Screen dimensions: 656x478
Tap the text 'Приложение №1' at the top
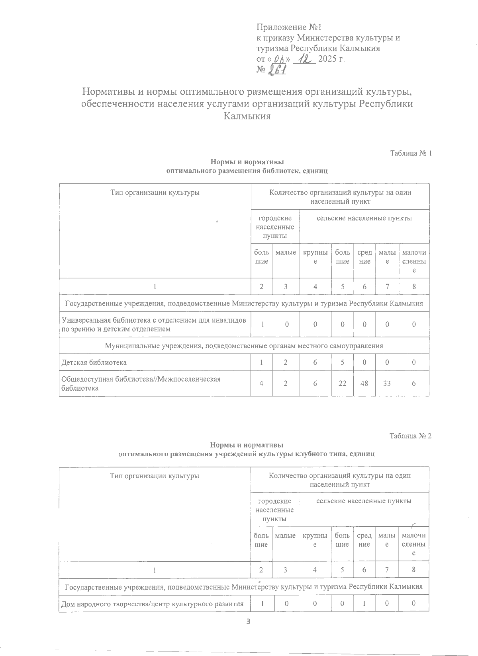(289, 27)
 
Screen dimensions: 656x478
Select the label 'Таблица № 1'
(411, 154)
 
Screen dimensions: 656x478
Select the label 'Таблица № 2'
(411, 436)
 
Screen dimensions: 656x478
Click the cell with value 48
(364, 383)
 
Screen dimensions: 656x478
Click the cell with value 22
(343, 383)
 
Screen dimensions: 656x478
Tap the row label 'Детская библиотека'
(94, 362)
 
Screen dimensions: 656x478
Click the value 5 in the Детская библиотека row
(343, 362)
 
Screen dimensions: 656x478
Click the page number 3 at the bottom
(248, 622)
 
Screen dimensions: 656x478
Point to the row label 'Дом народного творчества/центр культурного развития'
(152, 604)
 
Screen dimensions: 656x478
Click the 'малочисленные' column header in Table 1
(414, 261)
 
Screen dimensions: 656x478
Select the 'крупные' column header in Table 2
(315, 540)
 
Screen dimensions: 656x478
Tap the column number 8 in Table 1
(414, 286)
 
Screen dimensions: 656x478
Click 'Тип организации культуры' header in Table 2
(155, 476)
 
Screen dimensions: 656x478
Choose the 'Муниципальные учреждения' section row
(244, 346)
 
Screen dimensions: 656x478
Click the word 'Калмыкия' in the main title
(247, 117)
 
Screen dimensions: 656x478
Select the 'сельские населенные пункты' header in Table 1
(364, 218)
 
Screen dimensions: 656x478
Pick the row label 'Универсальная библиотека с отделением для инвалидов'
(153, 321)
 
